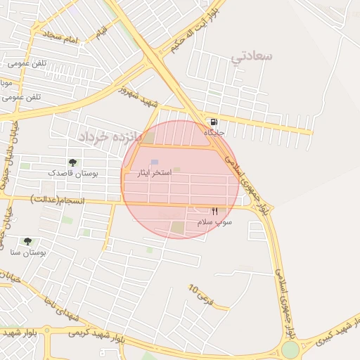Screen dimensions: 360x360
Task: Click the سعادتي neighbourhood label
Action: point(251,56)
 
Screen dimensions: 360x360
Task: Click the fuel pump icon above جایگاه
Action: point(213,122)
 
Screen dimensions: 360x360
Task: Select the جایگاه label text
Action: point(213,132)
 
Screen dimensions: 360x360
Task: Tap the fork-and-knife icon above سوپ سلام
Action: point(214,211)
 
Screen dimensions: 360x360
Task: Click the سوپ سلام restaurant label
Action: point(214,221)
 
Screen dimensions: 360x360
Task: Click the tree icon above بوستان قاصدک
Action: point(73,162)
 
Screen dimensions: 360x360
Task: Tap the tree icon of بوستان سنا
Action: point(27,241)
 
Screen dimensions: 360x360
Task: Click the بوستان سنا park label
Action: point(29,251)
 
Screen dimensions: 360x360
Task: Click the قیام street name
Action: point(103,31)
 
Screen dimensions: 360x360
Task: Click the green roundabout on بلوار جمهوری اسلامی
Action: point(290,349)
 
